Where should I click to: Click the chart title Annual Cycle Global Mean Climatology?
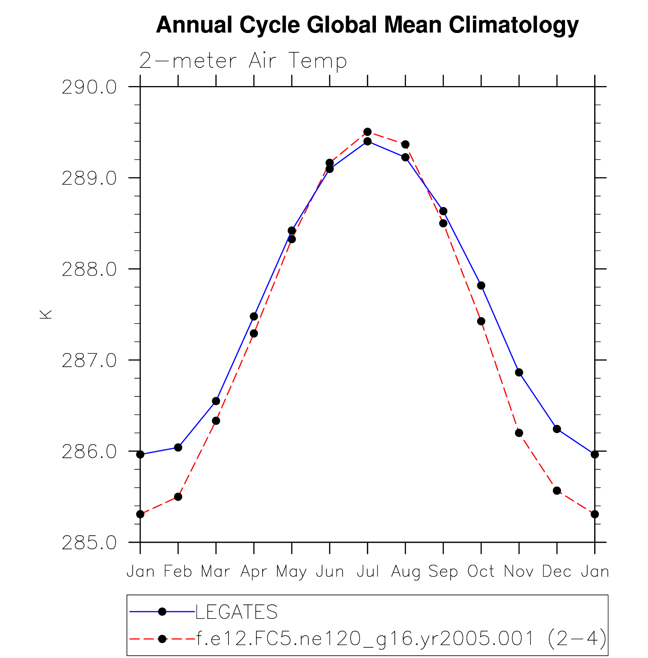coord(367,25)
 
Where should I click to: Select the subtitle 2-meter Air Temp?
coord(243,61)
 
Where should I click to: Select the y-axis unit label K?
coord(46,314)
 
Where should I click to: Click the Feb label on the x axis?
coord(178,572)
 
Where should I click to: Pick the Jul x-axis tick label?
coord(368,572)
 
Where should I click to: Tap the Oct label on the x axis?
coord(481,572)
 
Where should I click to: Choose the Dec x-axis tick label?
coord(557,572)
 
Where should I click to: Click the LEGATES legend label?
coord(236,612)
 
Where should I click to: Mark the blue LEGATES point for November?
coord(519,372)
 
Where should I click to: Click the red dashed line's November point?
coord(519,433)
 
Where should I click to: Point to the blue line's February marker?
coord(178,448)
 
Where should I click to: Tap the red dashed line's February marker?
coord(178,497)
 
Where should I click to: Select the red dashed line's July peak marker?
coord(368,132)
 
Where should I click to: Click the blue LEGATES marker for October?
coord(481,286)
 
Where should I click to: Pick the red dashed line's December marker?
coord(557,491)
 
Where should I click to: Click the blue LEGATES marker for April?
coord(254,316)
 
